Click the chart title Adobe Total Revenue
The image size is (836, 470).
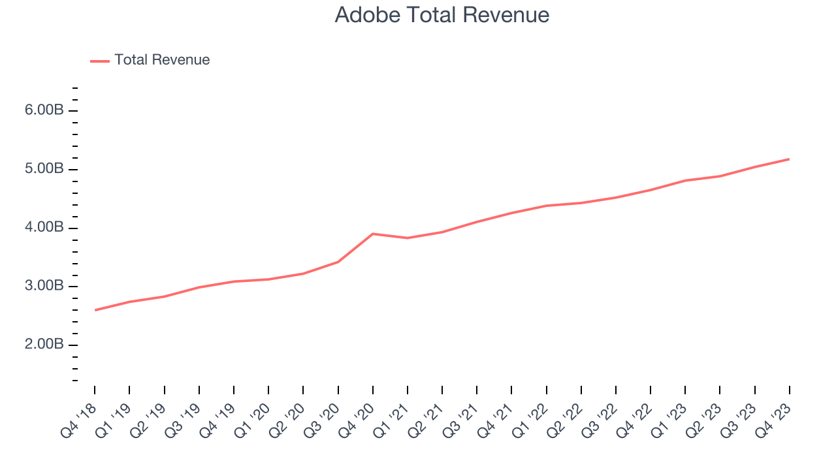(x=442, y=15)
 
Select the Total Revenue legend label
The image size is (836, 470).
(x=162, y=60)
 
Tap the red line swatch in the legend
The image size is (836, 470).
(x=100, y=61)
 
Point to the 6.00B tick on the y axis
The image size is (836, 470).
(x=44, y=110)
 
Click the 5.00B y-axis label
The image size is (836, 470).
(x=44, y=169)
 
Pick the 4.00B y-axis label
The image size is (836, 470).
(x=44, y=228)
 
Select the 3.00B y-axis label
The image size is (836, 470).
(x=44, y=286)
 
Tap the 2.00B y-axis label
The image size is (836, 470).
(x=44, y=345)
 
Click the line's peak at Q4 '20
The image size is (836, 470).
(x=373, y=234)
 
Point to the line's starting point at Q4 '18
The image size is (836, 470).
(x=95, y=310)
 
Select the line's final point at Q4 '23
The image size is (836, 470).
(x=789, y=159)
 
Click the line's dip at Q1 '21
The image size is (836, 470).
(x=408, y=238)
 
